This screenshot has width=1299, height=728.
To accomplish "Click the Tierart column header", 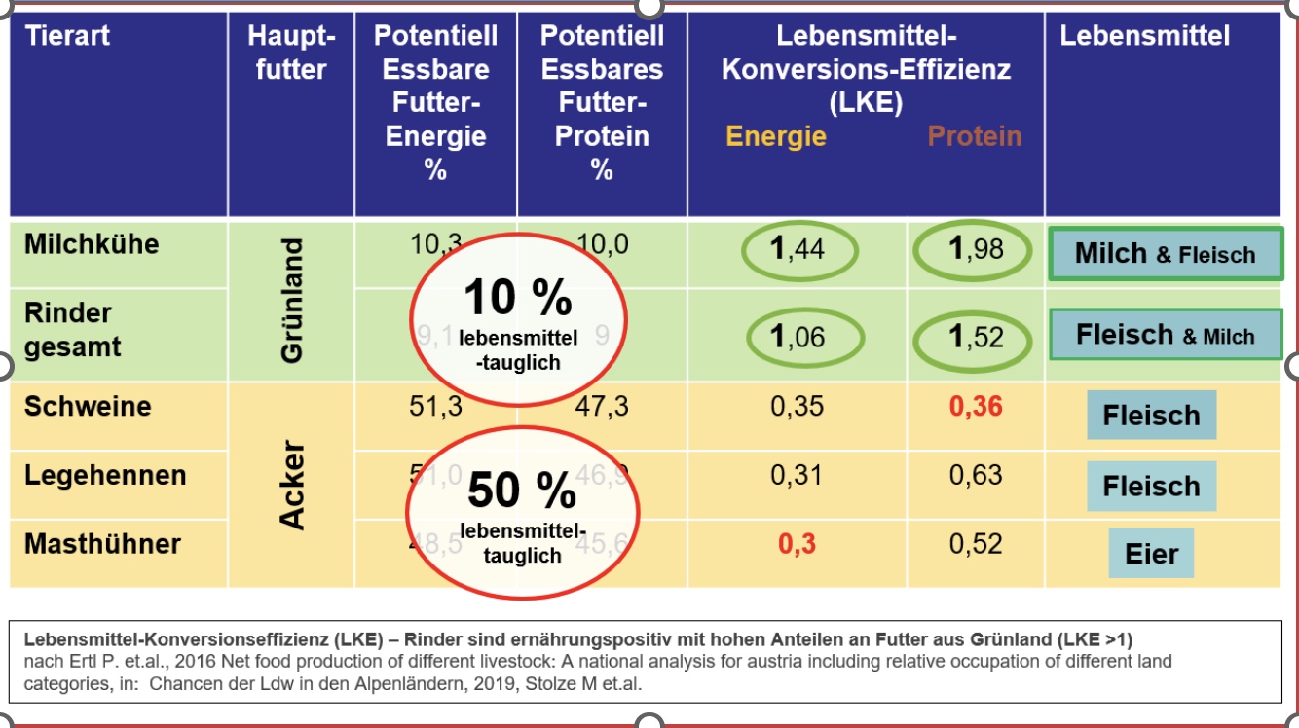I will pyautogui.click(x=67, y=37).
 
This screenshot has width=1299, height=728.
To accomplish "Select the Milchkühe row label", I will pyautogui.click(x=92, y=244).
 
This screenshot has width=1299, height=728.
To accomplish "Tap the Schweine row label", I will pyautogui.click(x=88, y=406).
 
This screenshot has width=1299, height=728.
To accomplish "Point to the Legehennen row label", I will pyautogui.click(x=105, y=476).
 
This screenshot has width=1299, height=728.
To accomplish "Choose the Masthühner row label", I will pyautogui.click(x=102, y=543).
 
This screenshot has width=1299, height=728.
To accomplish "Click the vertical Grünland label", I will pyautogui.click(x=291, y=302).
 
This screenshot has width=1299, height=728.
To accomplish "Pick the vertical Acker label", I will pyautogui.click(x=292, y=486).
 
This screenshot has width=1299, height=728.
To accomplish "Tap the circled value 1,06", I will pyautogui.click(x=797, y=337).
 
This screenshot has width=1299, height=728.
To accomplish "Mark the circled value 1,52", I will pyautogui.click(x=976, y=337).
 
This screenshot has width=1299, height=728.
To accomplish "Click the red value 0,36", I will pyautogui.click(x=976, y=406).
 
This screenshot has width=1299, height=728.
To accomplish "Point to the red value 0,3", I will pyautogui.click(x=797, y=544).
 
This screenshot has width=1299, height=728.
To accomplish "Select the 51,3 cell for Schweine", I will pyautogui.click(x=435, y=406).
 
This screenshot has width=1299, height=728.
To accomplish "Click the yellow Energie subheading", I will pyautogui.click(x=776, y=136).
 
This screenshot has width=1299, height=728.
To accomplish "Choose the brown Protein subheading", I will pyautogui.click(x=975, y=136).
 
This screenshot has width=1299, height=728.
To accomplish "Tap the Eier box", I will pyautogui.click(x=1152, y=554).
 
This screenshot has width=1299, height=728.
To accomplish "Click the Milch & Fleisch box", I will pyautogui.click(x=1166, y=255).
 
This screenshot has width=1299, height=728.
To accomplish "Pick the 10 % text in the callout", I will pyautogui.click(x=517, y=297).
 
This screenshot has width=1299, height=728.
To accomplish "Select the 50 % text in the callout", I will pyautogui.click(x=522, y=491).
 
